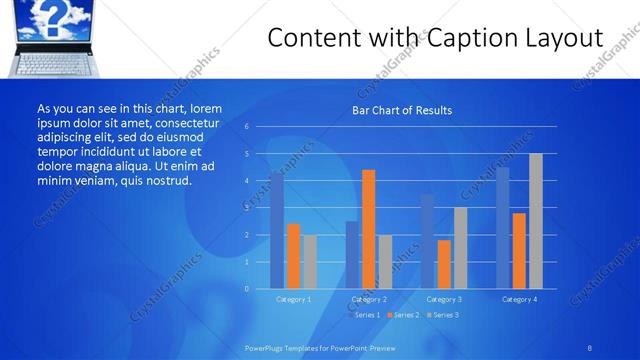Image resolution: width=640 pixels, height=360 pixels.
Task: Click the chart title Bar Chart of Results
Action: (401, 110)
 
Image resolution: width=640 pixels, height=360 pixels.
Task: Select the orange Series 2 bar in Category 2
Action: (368, 229)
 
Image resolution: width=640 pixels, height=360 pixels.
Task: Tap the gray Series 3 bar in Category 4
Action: (536, 221)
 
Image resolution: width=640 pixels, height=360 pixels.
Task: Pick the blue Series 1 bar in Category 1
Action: (277, 230)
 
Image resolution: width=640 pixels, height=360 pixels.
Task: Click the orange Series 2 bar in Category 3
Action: (444, 264)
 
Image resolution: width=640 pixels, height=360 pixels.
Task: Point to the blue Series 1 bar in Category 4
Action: (503, 228)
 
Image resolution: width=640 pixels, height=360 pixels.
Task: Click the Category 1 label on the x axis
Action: (293, 299)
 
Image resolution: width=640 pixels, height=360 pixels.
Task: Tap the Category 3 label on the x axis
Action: (444, 299)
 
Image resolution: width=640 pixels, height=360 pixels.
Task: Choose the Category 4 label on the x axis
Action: (519, 299)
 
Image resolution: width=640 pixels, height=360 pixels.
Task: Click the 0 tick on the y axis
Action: (246, 289)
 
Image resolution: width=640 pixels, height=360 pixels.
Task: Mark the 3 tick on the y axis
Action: (246, 208)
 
